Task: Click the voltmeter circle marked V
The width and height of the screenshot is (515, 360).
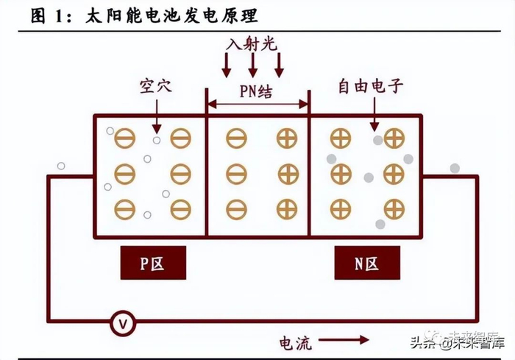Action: tap(123, 324)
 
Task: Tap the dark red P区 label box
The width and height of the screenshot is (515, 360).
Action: tap(153, 263)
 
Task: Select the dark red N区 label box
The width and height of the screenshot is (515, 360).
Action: tap(367, 263)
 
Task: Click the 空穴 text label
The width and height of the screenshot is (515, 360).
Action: tap(156, 86)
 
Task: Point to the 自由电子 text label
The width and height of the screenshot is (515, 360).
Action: tap(371, 86)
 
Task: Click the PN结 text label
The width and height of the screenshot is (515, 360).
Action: tap(256, 91)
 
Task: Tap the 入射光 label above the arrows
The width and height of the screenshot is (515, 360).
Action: tap(252, 44)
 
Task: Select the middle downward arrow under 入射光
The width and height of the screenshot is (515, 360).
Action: tap(252, 65)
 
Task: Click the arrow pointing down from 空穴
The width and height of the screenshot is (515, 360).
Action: tap(157, 117)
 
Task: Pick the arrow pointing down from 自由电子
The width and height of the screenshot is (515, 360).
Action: tap(374, 114)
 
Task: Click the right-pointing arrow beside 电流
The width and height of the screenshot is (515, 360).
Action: tap(344, 339)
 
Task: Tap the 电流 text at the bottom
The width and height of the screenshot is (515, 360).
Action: tap(295, 343)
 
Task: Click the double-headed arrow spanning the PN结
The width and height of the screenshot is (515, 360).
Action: tap(257, 105)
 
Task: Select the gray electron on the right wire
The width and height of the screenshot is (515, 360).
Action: tap(455, 169)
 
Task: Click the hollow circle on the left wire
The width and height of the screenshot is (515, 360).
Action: tap(61, 166)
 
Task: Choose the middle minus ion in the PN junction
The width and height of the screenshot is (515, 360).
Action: tap(236, 174)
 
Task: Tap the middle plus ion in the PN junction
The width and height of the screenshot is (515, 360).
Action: tap(288, 174)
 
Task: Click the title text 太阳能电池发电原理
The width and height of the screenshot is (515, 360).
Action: tap(171, 15)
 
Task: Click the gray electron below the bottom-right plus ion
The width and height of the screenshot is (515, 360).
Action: tap(380, 225)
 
